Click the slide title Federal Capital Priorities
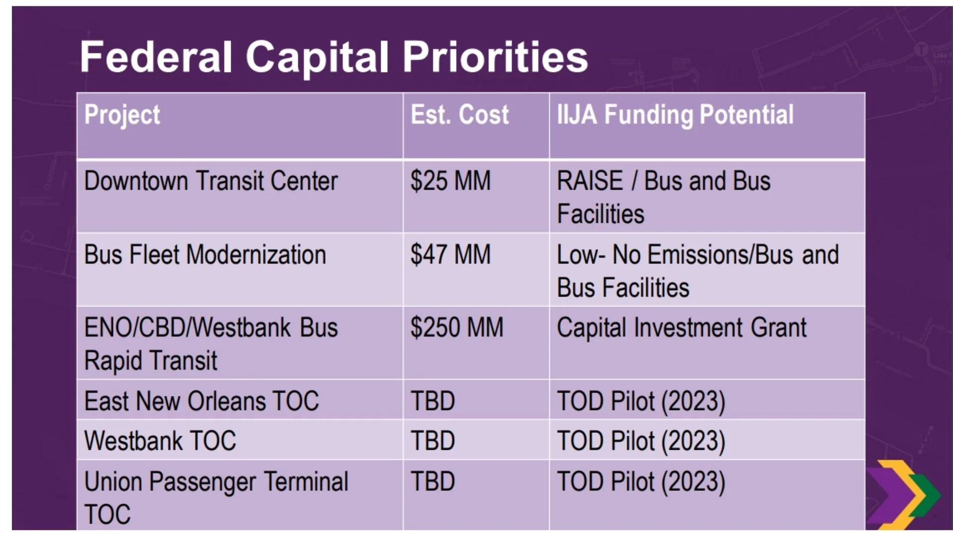pyautogui.click(x=334, y=57)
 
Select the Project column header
pyautogui.click(x=122, y=115)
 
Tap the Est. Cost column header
pyautogui.click(x=460, y=115)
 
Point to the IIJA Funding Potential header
pyautogui.click(x=675, y=115)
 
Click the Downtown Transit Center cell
pyautogui.click(x=211, y=181)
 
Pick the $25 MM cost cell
pyautogui.click(x=451, y=181)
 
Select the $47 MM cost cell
pyautogui.click(x=451, y=254)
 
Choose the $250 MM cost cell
pyautogui.click(x=457, y=328)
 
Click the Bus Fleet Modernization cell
pyautogui.click(x=205, y=255)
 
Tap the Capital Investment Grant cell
pyautogui.click(x=681, y=328)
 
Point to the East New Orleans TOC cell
pyautogui.click(x=202, y=401)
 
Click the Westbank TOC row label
pyautogui.click(x=160, y=441)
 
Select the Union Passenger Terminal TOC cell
pyautogui.click(x=216, y=498)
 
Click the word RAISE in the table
pyautogui.click(x=590, y=181)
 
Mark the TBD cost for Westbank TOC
pyautogui.click(x=432, y=441)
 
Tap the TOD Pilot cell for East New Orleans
pyautogui.click(x=641, y=402)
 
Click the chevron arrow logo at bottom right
pyautogui.click(x=903, y=494)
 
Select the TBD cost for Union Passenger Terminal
pyautogui.click(x=432, y=481)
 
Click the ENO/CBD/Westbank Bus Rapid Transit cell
pyautogui.click(x=211, y=344)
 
